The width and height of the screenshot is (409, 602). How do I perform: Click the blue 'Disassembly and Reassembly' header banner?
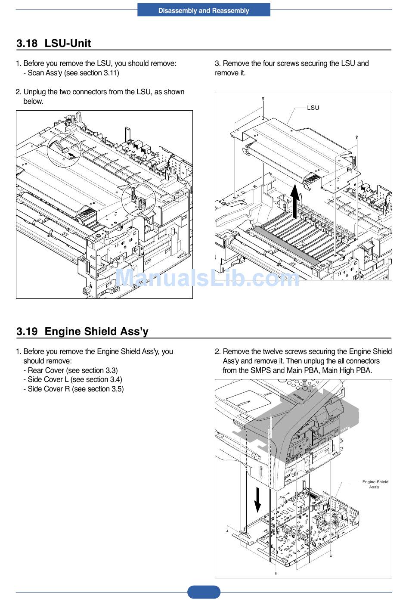click(x=204, y=10)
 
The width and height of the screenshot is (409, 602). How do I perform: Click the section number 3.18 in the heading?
click(x=27, y=43)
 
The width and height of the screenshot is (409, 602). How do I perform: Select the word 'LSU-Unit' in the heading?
click(x=68, y=43)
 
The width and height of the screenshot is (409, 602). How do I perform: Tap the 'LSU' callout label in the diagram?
click(x=313, y=108)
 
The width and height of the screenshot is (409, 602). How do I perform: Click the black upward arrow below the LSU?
click(x=295, y=201)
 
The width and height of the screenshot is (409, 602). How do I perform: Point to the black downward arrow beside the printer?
click(x=257, y=500)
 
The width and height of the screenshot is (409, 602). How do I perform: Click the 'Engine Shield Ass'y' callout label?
click(x=375, y=484)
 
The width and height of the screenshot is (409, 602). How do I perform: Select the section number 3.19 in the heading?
click(x=27, y=332)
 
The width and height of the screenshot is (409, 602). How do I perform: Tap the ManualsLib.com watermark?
click(x=208, y=279)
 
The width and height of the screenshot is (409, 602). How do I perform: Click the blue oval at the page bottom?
click(x=204, y=592)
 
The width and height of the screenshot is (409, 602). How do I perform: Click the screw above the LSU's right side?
click(x=356, y=137)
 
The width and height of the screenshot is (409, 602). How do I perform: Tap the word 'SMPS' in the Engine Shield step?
click(x=260, y=370)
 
